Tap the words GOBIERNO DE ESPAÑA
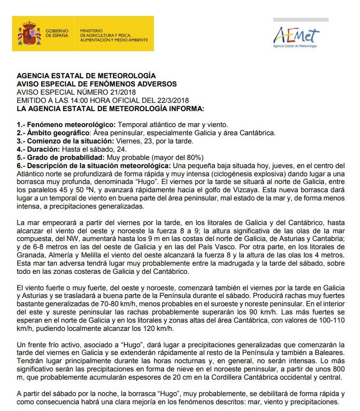57,33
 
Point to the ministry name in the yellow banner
114,35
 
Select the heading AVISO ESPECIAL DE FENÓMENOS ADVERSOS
97,84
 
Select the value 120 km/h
158,329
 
